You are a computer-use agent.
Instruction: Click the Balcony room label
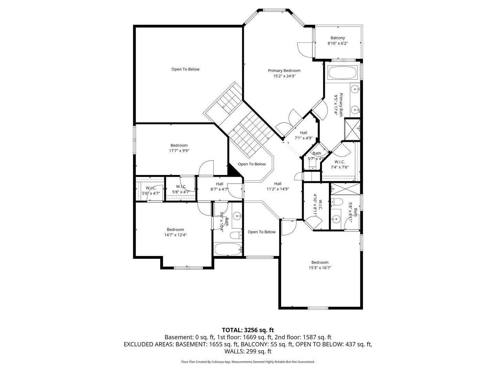point(338,38)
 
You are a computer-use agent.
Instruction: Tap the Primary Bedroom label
point(284,71)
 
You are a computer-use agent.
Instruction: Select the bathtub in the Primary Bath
point(342,73)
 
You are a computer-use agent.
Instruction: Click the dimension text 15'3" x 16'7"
point(320,268)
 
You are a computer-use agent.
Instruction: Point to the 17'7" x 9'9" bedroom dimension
point(179,151)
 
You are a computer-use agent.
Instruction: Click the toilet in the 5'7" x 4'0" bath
point(312,164)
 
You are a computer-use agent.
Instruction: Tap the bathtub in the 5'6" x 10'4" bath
point(228,249)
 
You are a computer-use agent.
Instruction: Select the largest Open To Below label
point(185,69)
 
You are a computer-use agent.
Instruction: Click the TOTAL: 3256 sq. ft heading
point(248,330)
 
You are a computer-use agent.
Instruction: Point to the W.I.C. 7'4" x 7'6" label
point(340,164)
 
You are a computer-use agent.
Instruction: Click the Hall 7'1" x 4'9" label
point(303,135)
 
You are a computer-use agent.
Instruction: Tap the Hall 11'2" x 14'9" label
point(278,186)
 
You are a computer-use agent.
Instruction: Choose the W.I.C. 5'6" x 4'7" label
point(151,190)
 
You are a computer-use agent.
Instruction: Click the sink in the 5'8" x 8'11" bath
point(336,219)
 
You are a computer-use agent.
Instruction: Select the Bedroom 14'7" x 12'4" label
point(175,232)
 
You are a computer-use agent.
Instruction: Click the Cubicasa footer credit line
point(248,362)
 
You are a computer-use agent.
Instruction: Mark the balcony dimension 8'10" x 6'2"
point(338,43)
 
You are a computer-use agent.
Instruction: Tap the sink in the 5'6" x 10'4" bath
point(237,216)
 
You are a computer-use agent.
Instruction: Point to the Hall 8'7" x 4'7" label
point(219,187)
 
